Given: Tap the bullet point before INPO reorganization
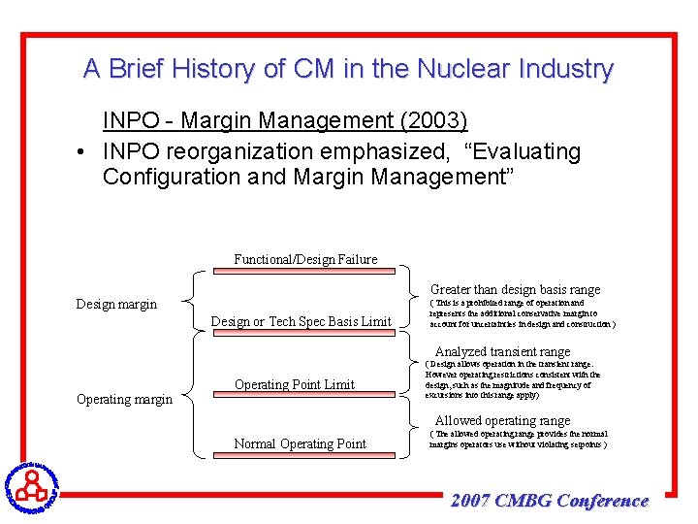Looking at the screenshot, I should click(x=84, y=152).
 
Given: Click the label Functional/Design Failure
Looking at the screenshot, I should click(x=305, y=258).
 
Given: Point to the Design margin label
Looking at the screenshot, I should click(x=116, y=304).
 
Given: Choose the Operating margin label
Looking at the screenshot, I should click(x=124, y=399).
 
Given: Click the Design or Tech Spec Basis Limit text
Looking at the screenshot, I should click(x=301, y=321).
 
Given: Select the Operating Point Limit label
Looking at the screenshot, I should click(x=295, y=384).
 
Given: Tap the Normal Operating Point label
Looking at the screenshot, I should click(x=301, y=443).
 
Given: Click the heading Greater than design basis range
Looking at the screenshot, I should click(x=515, y=289).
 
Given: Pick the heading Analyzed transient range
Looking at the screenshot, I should click(x=502, y=351).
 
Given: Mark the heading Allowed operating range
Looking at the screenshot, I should click(x=502, y=420).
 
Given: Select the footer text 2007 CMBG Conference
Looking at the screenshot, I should click(x=550, y=501).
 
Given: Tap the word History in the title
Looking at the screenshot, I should click(x=199, y=69).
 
